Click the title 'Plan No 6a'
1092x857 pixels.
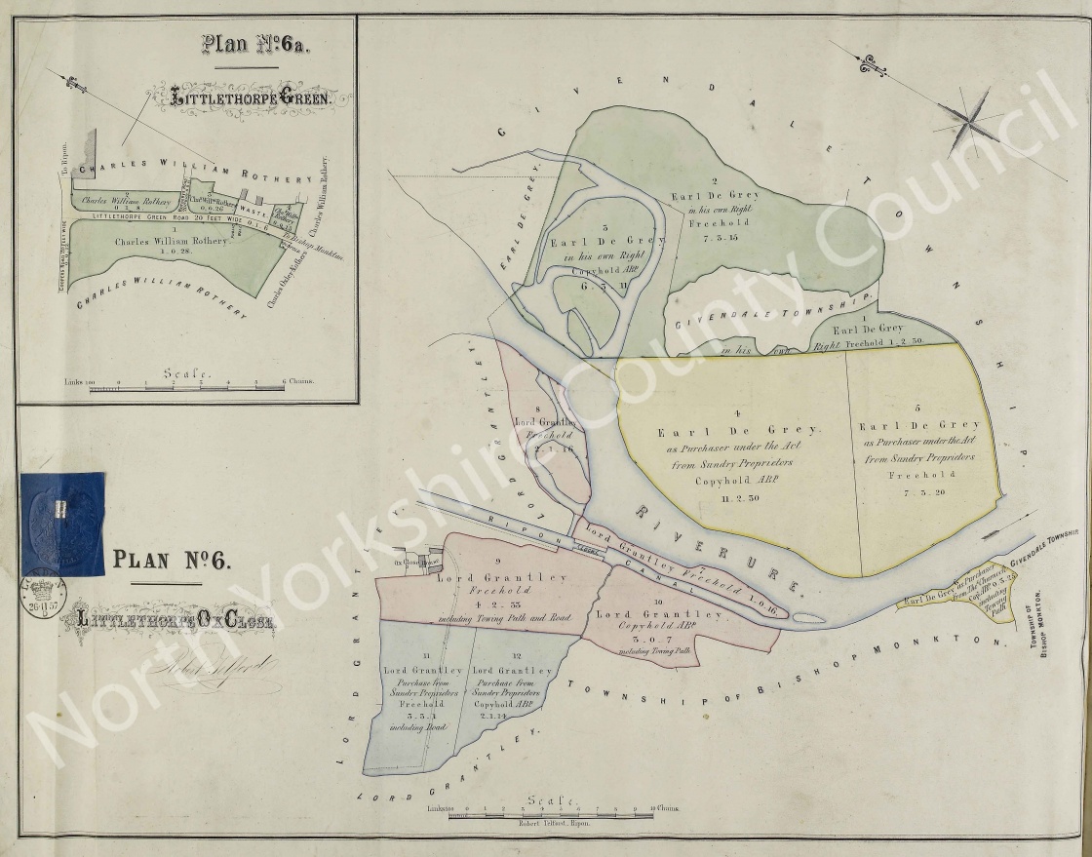[248, 44]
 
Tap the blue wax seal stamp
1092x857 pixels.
[62, 523]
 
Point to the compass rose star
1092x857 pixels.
[969, 118]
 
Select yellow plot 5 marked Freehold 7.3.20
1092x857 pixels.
[921, 458]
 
